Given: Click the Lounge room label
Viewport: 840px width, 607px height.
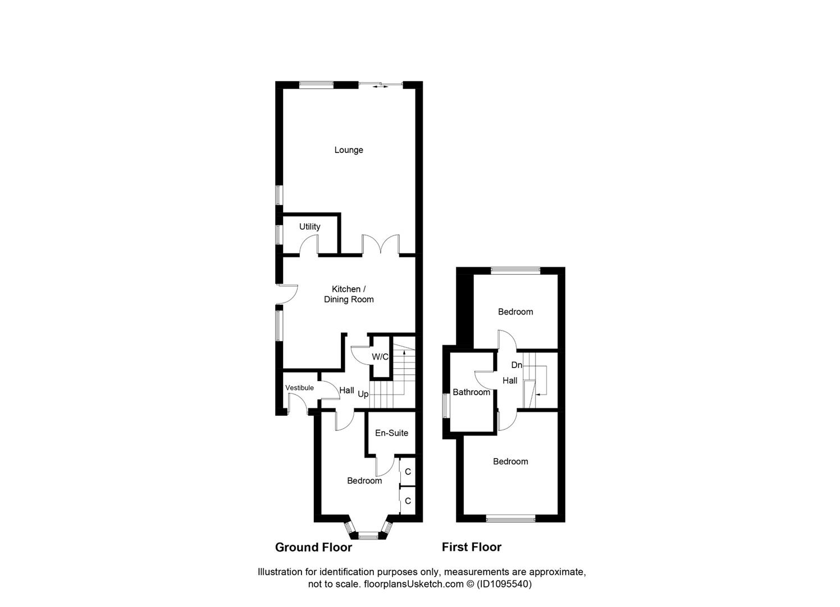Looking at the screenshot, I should [x=349, y=150].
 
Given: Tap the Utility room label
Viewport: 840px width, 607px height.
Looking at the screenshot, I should [x=309, y=227].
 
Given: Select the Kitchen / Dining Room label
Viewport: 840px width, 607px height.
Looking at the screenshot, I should [x=349, y=295].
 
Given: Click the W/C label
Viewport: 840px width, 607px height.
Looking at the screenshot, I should [x=380, y=357].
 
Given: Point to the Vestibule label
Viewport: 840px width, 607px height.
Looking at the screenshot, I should [x=299, y=388].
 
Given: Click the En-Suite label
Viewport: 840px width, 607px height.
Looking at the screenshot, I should [x=391, y=433].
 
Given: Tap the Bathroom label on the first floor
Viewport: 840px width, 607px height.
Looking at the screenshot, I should [x=471, y=392].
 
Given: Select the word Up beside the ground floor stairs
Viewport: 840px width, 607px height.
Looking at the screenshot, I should [x=363, y=395].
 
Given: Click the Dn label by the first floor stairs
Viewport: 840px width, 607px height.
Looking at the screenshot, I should [x=517, y=365].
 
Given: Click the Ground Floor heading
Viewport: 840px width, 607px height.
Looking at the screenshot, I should [x=313, y=547].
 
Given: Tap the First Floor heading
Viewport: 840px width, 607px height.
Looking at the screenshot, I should [x=471, y=547].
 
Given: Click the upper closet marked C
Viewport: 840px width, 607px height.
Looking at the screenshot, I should [x=408, y=472].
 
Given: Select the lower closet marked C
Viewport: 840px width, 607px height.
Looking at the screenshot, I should [x=408, y=501].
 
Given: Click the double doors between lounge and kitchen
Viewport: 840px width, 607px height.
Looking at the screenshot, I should [x=381, y=246].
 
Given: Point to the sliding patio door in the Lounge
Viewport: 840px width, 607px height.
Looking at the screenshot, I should [x=380, y=85].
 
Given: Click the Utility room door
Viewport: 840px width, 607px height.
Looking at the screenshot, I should [x=309, y=247].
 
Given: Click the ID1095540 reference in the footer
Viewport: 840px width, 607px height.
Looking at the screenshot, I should [x=504, y=585].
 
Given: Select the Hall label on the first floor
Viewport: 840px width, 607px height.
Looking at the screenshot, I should [x=510, y=380].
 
